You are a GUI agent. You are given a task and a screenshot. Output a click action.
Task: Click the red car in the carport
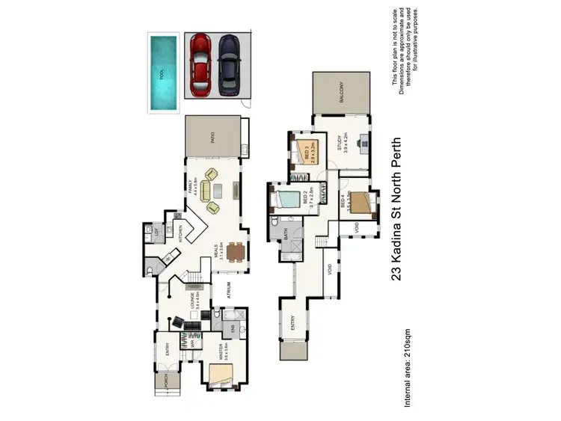pos(200,66)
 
